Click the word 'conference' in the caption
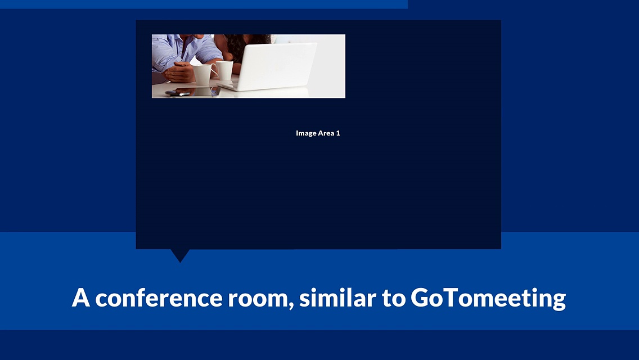pos(159,298)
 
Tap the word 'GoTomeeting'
pos(488,299)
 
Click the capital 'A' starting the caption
pos(80,298)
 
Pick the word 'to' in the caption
pos(394,299)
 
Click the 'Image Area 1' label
pos(318,133)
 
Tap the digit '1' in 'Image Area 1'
pos(338,133)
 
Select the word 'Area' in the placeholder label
pos(326,133)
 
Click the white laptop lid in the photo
pos(277,65)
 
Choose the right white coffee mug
pos(224,70)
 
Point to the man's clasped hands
pos(179,72)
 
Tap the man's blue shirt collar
pos(186,43)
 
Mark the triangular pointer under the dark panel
pos(180,255)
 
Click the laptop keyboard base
pos(229,85)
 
